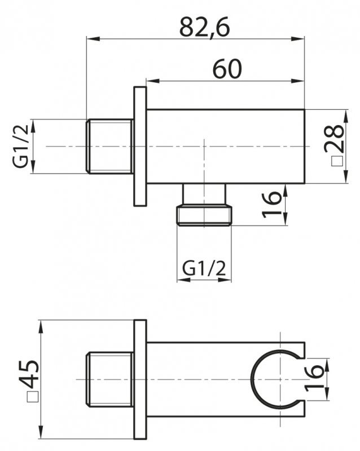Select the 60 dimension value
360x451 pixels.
pyautogui.click(x=227, y=69)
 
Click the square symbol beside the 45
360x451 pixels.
pyautogui.click(x=32, y=398)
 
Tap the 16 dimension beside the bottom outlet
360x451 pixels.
pyautogui.click(x=271, y=205)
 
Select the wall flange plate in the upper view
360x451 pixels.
pyautogui.click(x=140, y=146)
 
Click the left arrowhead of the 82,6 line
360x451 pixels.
pyautogui.click(x=90, y=39)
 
